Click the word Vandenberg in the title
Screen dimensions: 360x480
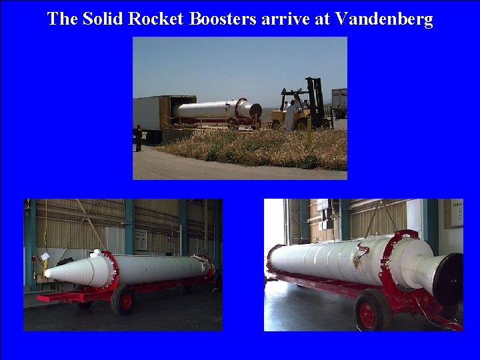384,19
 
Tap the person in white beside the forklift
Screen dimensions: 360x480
291,113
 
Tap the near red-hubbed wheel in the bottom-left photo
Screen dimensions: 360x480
123,301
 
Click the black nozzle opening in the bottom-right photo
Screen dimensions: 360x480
447,279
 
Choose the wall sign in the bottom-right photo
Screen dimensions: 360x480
453,213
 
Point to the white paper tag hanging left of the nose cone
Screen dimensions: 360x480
45,257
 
